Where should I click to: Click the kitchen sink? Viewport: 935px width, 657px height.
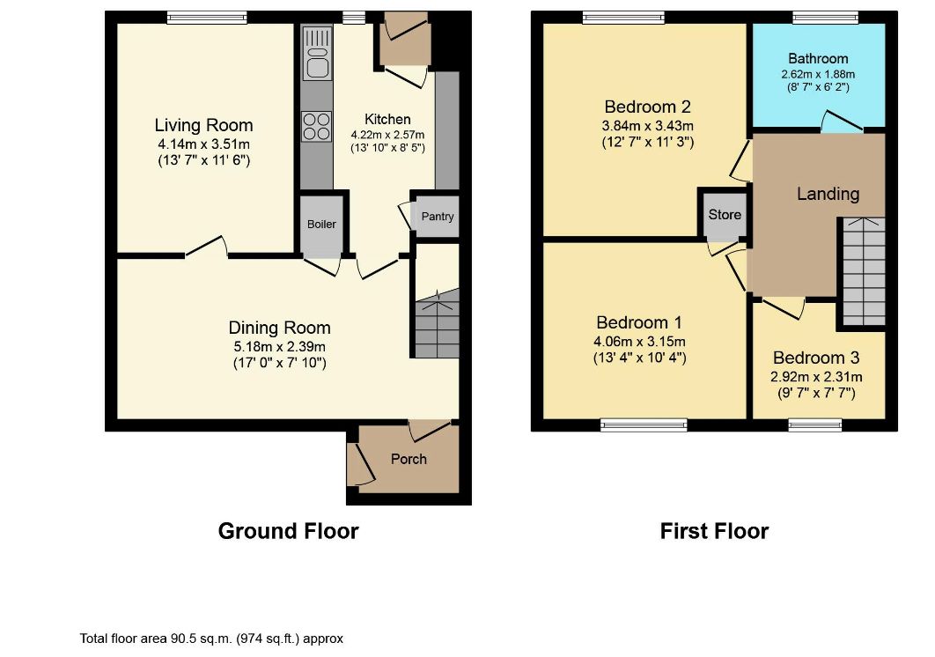(317, 53)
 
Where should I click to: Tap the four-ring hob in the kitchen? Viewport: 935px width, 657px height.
(317, 127)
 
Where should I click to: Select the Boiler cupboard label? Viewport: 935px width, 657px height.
(321, 225)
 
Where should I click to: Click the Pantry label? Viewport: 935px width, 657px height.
(437, 216)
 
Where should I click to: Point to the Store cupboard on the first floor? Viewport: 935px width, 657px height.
(725, 214)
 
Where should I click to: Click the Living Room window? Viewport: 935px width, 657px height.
(207, 18)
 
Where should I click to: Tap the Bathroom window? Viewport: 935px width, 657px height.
(825, 18)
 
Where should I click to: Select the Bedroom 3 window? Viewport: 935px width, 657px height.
(815, 424)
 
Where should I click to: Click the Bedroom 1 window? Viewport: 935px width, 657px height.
(644, 424)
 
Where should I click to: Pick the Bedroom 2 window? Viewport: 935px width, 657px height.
(623, 18)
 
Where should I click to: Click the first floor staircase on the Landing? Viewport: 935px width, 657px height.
(864, 271)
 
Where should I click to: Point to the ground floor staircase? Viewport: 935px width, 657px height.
(437, 324)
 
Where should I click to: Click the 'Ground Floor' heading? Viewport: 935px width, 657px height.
(288, 530)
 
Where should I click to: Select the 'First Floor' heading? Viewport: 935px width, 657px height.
(714, 530)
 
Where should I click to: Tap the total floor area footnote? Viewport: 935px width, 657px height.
(211, 639)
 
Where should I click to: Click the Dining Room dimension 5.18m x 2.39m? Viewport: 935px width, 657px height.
(280, 346)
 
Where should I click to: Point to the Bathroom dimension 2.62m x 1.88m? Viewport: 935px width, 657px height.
(818, 75)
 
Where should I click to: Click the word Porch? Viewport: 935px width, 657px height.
(409, 459)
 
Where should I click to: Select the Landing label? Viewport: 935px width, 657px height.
(828, 194)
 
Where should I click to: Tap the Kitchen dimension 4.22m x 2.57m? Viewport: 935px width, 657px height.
(387, 135)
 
